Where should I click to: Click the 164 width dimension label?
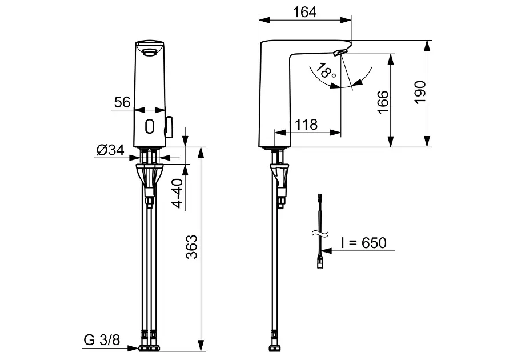click(x=304, y=12)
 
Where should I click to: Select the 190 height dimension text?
click(x=420, y=93)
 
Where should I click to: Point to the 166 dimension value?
click(x=383, y=102)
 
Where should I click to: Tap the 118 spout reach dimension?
click(x=306, y=125)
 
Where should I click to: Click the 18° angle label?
click(x=326, y=71)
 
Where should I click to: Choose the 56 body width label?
click(x=122, y=102)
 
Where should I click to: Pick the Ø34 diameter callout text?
click(x=110, y=150)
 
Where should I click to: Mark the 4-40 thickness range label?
click(x=178, y=193)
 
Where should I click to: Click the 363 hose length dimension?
click(x=191, y=247)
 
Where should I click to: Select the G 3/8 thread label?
click(x=102, y=340)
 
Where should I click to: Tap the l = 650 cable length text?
click(x=364, y=243)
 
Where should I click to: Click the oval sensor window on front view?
click(x=149, y=126)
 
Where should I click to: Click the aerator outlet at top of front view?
click(x=150, y=52)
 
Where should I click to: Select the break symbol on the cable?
click(x=320, y=233)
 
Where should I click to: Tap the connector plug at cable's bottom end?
click(x=320, y=262)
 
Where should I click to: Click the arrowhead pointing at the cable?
click(x=327, y=251)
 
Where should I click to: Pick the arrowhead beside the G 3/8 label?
click(x=133, y=349)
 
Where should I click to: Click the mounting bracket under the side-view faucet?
click(x=279, y=178)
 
